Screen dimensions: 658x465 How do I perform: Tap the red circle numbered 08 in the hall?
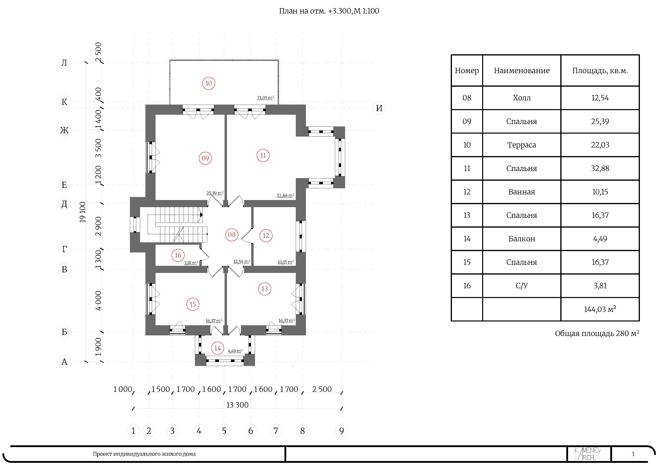(232, 235)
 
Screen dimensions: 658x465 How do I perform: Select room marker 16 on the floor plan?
(178, 255)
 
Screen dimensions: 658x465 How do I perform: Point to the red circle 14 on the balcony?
(218, 348)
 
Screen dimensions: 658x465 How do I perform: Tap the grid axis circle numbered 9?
(341, 431)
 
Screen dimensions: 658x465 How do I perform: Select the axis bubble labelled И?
(379, 108)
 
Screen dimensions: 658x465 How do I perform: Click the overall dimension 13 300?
(237, 405)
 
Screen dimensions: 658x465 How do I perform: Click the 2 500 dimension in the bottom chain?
(322, 389)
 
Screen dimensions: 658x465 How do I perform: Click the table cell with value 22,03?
(600, 145)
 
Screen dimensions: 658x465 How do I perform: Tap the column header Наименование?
(522, 71)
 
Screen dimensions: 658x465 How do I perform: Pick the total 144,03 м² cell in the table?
(600, 309)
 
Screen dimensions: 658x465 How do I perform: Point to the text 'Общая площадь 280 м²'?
(597, 333)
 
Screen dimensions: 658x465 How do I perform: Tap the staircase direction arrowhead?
(201, 215)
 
